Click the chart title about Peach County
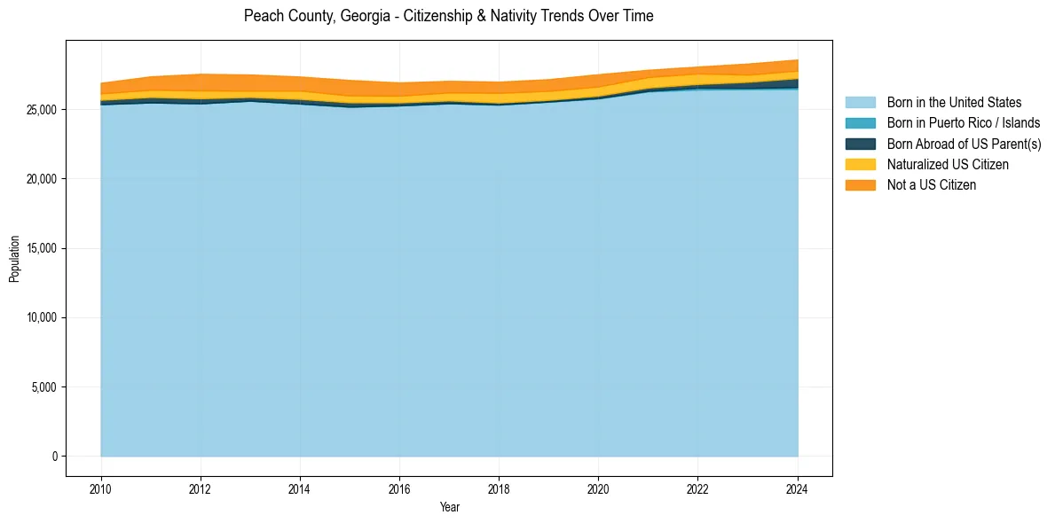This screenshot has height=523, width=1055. [448, 16]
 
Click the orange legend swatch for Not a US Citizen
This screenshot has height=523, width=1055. [860, 184]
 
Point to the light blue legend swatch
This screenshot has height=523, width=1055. [860, 103]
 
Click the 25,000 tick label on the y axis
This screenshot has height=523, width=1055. [42, 110]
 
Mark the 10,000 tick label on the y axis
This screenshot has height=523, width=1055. [42, 317]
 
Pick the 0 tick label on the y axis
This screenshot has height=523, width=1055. [55, 457]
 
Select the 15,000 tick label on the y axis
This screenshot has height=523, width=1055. [42, 248]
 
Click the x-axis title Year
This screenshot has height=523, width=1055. [450, 507]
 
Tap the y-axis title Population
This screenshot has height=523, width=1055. [14, 259]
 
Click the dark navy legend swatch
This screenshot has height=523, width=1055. [860, 144]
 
